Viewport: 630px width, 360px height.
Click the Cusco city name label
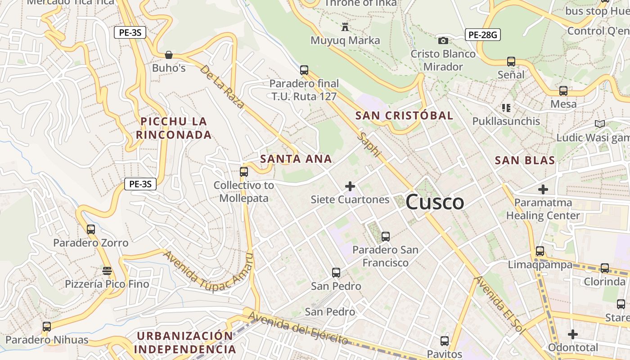pos(435,202)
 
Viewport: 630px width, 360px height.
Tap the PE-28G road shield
pos(483,35)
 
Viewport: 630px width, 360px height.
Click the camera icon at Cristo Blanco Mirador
pos(443,41)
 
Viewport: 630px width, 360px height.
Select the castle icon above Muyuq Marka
pos(345,27)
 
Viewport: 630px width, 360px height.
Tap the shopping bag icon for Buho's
pos(169,55)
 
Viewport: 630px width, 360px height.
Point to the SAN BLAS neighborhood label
pos(525,160)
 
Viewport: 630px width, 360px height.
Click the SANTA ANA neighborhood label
pos(296,159)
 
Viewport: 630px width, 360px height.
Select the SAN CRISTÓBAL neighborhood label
pos(404,116)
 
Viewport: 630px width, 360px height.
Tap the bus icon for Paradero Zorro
pos(91,229)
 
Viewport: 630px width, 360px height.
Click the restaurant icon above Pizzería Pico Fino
pos(107,271)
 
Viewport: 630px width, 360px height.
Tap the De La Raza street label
pos(222,86)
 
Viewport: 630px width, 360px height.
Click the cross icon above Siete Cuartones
pos(350,186)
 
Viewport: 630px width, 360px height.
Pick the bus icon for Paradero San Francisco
pos(385,236)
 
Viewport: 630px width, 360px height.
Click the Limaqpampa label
pos(540,265)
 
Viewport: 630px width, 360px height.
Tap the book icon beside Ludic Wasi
pos(599,124)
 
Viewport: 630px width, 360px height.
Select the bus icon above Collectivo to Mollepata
pos(244,171)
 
